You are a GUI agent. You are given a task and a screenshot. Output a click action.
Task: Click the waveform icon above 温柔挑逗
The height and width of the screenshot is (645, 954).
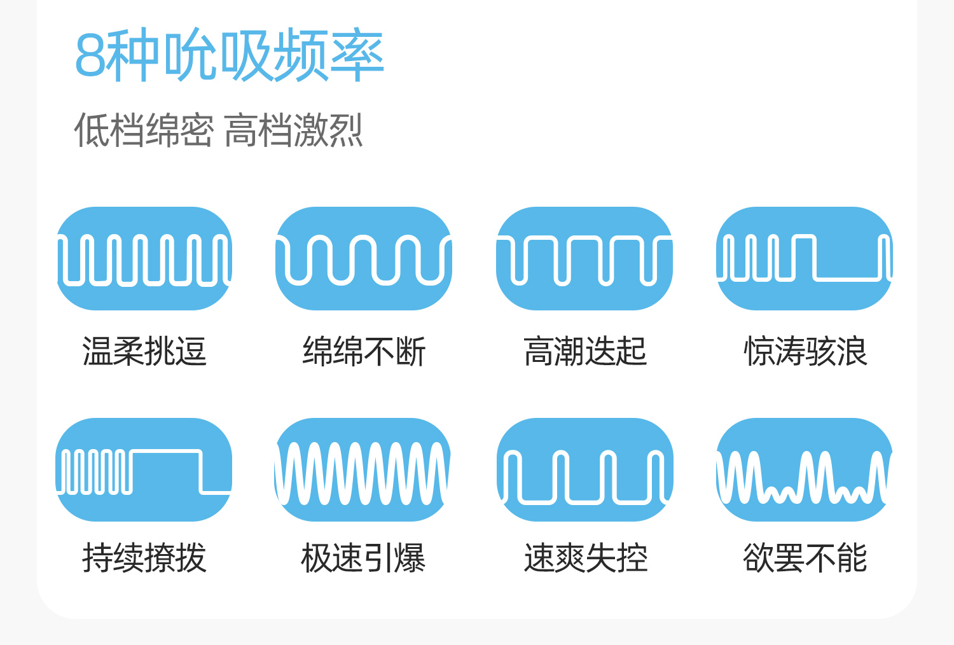click(144, 259)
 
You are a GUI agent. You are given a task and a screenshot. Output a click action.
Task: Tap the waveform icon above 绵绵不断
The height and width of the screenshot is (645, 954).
click(364, 259)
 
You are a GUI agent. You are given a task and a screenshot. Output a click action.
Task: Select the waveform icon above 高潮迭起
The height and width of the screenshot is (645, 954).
click(584, 259)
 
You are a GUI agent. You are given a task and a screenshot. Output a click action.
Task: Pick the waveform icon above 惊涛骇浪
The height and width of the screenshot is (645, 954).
click(805, 259)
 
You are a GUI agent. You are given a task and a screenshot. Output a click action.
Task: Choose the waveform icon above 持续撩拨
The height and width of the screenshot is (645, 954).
click(144, 469)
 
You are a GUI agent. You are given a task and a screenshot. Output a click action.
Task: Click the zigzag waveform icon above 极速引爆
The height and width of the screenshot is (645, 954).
click(363, 469)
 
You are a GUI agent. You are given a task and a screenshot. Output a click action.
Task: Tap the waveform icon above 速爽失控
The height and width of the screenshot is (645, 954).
click(584, 469)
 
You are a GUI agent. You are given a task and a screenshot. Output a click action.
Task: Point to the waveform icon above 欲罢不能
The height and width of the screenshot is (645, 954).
click(805, 469)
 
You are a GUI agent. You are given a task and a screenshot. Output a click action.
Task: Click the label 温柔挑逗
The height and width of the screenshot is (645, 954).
click(144, 351)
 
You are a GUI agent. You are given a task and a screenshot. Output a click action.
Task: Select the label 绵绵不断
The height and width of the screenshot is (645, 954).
click(364, 351)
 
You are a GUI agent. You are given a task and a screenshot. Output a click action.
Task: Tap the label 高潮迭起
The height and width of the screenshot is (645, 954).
click(585, 351)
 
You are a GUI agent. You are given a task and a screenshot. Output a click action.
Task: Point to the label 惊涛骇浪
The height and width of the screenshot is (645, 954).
click(805, 351)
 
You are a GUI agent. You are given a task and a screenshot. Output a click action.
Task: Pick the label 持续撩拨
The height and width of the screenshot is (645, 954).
click(144, 558)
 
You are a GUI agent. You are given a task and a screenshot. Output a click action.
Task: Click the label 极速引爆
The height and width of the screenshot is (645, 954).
click(363, 558)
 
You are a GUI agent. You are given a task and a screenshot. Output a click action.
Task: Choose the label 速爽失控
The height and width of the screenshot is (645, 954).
click(586, 558)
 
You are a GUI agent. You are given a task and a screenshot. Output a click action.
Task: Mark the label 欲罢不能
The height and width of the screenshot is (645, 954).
click(805, 558)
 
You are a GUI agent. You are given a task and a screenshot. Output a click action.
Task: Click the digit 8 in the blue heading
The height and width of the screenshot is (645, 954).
click(90, 55)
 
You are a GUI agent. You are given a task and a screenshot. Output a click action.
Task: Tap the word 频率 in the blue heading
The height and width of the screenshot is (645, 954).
click(328, 55)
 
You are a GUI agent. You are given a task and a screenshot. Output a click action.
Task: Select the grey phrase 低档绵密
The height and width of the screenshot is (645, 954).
click(144, 130)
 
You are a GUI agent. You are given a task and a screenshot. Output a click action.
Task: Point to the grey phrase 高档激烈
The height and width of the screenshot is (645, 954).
click(293, 130)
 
